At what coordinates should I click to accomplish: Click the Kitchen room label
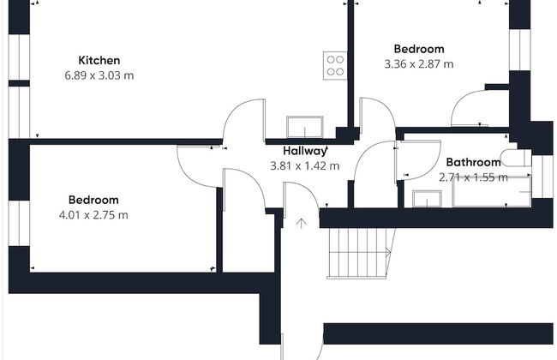[99, 60]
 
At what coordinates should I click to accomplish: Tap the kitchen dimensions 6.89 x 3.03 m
[99, 75]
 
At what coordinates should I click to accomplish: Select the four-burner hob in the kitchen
[335, 65]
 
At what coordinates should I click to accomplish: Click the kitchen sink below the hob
[305, 127]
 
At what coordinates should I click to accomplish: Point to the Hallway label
[305, 151]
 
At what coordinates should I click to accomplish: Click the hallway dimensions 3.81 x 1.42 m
[305, 166]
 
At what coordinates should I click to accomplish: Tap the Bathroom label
[473, 162]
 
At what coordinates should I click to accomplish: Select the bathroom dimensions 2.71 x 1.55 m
[473, 177]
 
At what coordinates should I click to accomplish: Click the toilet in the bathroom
[516, 158]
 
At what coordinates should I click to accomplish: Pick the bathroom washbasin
[427, 199]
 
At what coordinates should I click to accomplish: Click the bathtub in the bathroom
[492, 192]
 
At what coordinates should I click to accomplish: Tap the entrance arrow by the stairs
[302, 223]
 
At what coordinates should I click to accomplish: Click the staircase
[361, 253]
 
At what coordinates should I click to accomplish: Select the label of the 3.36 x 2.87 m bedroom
[419, 49]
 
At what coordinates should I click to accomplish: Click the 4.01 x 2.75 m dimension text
[93, 215]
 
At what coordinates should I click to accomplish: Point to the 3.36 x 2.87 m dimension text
[419, 64]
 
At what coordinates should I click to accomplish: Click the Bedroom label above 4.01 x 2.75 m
[93, 200]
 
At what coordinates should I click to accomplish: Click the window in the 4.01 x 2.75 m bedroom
[19, 223]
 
